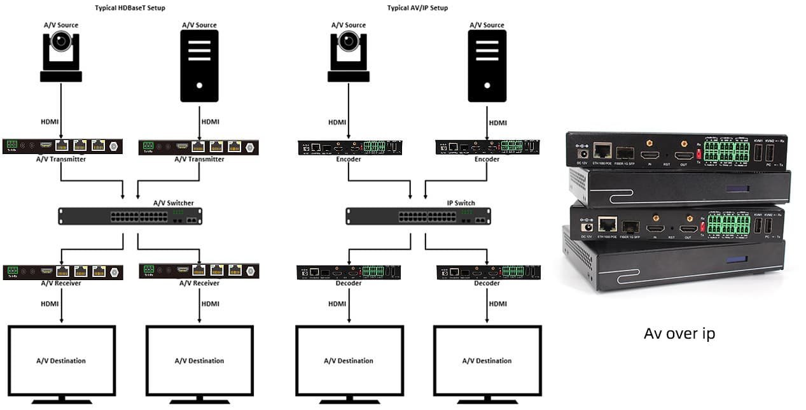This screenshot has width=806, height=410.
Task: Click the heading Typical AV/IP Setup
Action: click(417, 8)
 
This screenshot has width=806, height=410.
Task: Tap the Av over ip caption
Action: click(679, 334)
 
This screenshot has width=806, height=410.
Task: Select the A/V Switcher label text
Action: click(174, 203)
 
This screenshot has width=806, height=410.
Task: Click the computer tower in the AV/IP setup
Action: click(487, 66)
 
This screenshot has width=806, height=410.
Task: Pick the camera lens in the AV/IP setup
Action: click(349, 41)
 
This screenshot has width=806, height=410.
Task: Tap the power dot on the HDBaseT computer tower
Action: click(200, 85)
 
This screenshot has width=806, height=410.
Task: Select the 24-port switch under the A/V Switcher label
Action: click(130, 216)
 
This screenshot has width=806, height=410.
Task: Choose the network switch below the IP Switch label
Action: click(418, 216)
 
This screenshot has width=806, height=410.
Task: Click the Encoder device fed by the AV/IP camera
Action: click(349, 148)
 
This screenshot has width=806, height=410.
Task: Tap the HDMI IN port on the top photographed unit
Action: click(649, 155)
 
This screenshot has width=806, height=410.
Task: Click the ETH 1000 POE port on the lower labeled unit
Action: click(608, 224)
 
